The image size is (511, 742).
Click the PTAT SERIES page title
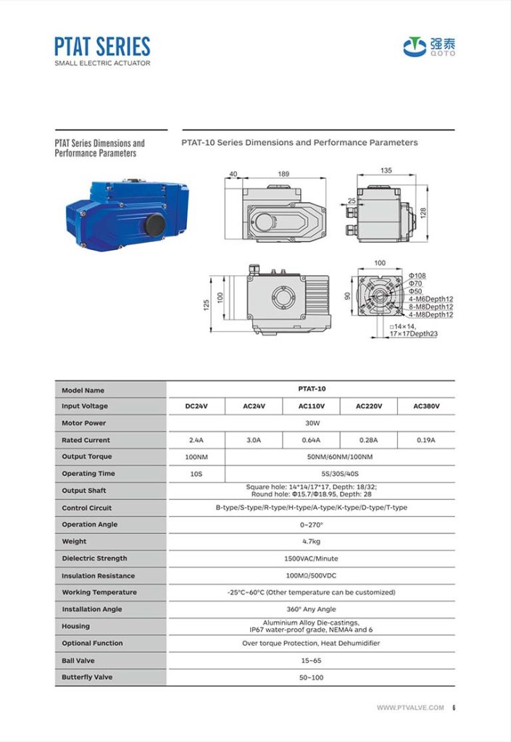102,46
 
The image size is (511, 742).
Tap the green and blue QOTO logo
430,46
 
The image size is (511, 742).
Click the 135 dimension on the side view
386,170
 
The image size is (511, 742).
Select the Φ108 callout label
417,276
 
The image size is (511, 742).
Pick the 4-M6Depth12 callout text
431,299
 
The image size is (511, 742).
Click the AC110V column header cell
310,407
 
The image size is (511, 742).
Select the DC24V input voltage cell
196,407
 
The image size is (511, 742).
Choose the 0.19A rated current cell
426,440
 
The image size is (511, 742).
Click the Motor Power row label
83,423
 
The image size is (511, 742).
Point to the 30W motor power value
311,423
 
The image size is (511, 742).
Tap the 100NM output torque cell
196,457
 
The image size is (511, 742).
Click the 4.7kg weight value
311,541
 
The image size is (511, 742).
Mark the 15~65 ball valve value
311,660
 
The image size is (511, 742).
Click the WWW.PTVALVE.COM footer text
410,708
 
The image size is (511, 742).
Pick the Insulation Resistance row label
98,575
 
